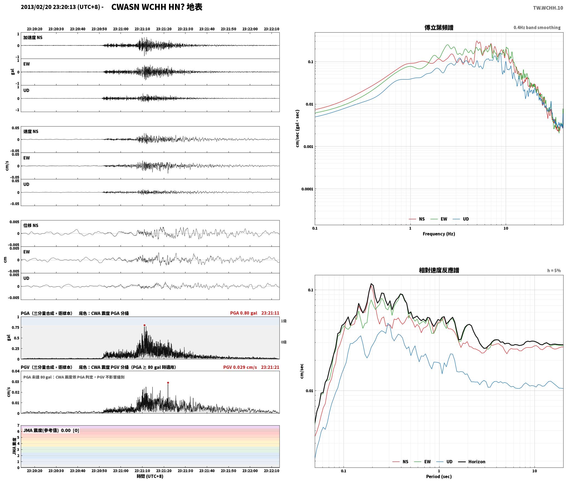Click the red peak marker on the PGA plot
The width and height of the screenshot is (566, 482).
(x=144, y=325)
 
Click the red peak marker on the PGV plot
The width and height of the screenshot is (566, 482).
(x=168, y=383)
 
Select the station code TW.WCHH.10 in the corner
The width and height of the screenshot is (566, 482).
(x=548, y=8)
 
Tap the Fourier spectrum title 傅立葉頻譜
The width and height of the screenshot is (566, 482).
(x=439, y=27)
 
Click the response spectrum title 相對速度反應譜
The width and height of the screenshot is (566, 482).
(x=439, y=270)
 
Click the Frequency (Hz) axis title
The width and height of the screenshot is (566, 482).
(x=439, y=234)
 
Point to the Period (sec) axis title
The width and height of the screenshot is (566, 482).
(x=439, y=477)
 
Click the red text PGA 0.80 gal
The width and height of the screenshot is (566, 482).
(x=244, y=313)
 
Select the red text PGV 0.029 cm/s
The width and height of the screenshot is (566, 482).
(x=240, y=367)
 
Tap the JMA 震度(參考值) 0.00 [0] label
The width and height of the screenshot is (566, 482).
(x=51, y=431)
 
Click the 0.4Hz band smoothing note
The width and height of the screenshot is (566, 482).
(x=537, y=28)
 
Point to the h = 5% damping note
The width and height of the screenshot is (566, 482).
(x=554, y=271)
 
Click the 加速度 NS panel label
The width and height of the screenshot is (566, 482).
(x=33, y=38)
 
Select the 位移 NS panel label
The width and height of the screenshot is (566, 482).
(x=31, y=225)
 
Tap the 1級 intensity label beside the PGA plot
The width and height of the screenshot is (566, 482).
(x=284, y=321)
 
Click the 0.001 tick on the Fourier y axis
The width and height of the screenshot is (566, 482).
(x=308, y=147)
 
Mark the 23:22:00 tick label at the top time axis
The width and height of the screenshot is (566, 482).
(x=250, y=29)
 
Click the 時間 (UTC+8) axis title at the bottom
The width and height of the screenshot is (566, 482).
(x=150, y=476)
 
